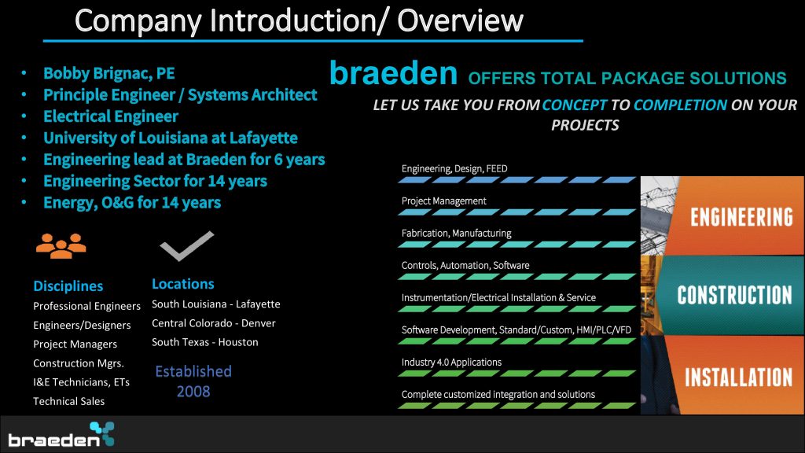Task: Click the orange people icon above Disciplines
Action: tap(61, 246)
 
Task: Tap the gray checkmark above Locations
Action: tap(187, 246)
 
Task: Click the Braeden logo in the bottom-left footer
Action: tap(61, 434)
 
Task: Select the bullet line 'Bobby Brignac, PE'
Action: tap(108, 73)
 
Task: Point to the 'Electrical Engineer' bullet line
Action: tap(111, 116)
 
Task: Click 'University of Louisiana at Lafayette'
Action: tap(171, 138)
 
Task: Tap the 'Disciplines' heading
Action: tap(68, 286)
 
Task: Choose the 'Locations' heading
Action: tap(182, 284)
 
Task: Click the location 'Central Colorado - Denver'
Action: tap(214, 323)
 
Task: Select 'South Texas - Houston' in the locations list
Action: tap(205, 342)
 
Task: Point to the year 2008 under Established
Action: tap(193, 392)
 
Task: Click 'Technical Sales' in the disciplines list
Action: tap(69, 401)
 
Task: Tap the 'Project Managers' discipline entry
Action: tap(75, 344)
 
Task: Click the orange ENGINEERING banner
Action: tap(734, 215)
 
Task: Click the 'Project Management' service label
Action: tap(443, 201)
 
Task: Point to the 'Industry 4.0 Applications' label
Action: tap(451, 362)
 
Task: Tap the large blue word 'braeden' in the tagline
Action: tap(393, 73)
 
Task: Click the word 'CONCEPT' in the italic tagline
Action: tap(575, 105)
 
